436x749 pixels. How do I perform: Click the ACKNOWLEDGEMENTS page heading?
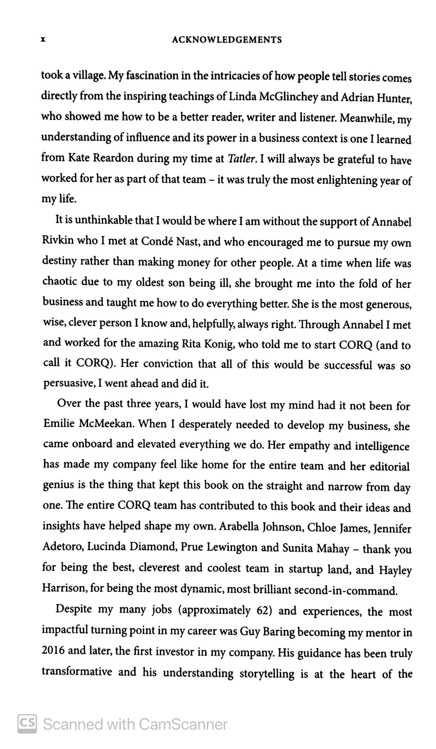click(x=227, y=40)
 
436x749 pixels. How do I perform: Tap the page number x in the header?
click(x=43, y=39)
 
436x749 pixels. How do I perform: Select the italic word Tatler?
click(x=242, y=159)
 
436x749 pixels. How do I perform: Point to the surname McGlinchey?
click(x=288, y=97)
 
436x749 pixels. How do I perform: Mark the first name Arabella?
click(x=239, y=526)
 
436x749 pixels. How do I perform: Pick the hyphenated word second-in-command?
click(x=346, y=591)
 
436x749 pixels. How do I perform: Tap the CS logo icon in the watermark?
click(x=27, y=723)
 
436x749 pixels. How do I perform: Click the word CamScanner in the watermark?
click(x=183, y=724)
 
